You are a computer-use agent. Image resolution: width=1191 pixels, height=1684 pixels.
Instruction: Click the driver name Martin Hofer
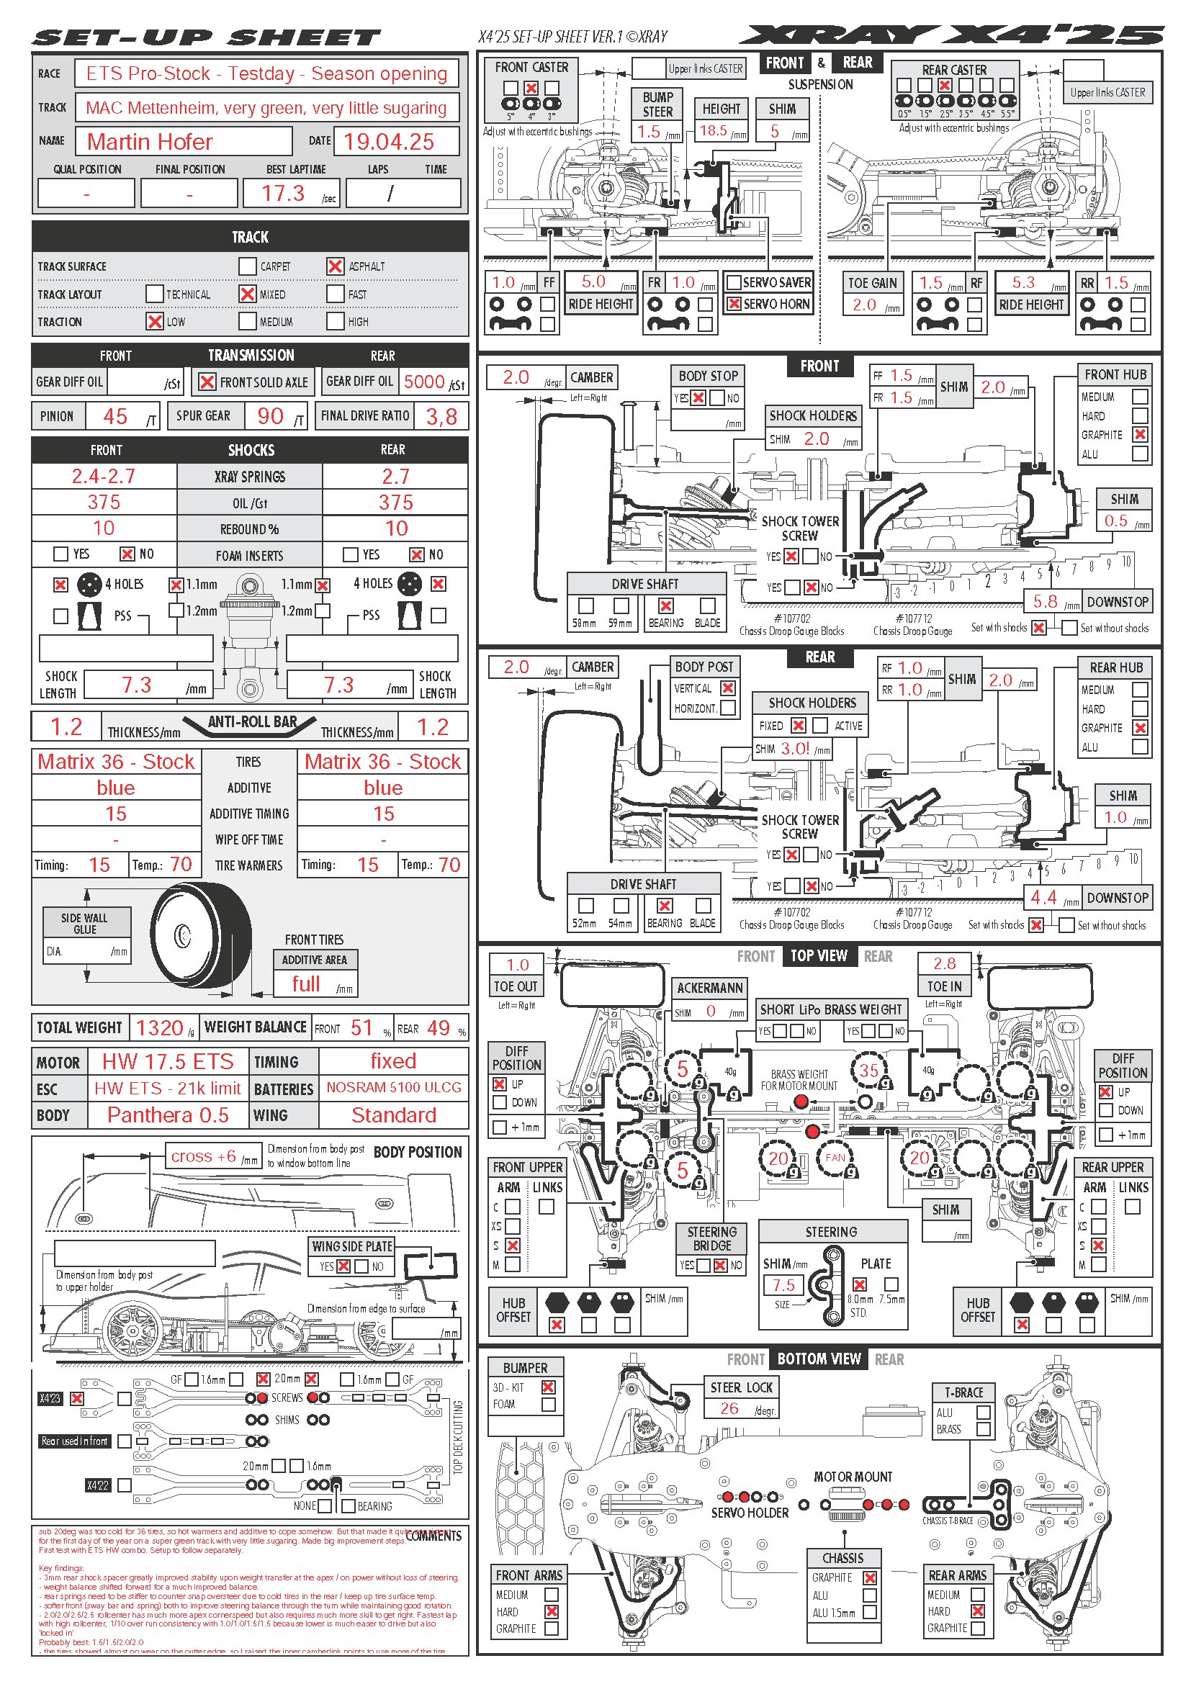(x=150, y=142)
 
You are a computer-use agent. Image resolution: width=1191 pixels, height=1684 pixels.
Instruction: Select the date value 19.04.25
(x=389, y=142)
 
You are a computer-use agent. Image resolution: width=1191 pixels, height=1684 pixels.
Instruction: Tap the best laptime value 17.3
(x=283, y=193)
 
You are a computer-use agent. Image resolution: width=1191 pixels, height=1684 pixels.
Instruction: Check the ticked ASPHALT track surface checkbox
(x=335, y=266)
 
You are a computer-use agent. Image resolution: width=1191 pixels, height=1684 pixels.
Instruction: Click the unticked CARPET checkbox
(x=247, y=266)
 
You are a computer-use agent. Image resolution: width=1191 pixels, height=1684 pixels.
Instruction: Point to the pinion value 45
(x=115, y=417)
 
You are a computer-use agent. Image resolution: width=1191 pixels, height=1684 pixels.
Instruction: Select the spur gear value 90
(x=271, y=417)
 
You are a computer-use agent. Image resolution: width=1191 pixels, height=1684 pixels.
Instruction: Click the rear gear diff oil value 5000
(x=424, y=382)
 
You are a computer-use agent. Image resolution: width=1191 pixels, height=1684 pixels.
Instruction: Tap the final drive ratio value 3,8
(x=441, y=417)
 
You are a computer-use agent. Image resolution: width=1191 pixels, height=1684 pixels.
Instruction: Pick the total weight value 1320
(x=159, y=1027)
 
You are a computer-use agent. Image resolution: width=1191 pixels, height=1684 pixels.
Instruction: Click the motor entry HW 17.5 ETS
(x=167, y=1061)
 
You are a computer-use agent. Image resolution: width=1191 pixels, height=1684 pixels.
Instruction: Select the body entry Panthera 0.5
(x=167, y=1115)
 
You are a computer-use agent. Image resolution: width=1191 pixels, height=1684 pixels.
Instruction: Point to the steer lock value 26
(x=729, y=1408)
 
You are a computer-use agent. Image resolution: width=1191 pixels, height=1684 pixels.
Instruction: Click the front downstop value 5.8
(x=1045, y=602)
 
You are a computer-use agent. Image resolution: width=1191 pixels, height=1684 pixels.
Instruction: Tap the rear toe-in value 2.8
(x=945, y=964)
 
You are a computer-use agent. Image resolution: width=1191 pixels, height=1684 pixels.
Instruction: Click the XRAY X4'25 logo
(x=950, y=35)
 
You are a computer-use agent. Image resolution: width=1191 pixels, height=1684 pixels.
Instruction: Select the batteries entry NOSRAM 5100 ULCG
(x=394, y=1088)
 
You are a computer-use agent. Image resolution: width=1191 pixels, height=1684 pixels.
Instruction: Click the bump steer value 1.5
(x=648, y=132)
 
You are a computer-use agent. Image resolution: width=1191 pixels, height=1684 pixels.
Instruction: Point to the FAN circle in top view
(x=835, y=1158)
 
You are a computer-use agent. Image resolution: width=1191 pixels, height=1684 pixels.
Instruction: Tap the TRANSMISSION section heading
(x=251, y=356)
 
